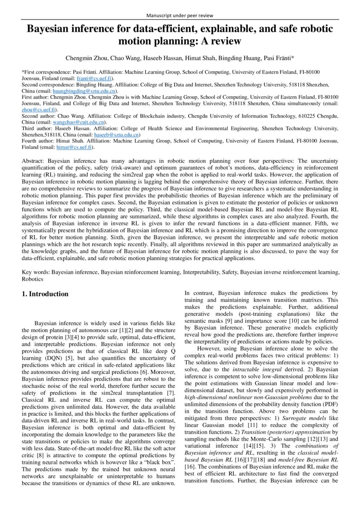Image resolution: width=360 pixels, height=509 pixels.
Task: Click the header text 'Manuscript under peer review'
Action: [180, 15]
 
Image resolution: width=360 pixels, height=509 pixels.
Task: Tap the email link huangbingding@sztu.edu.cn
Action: [84, 91]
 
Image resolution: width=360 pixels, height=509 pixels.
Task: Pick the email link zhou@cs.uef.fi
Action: [37, 110]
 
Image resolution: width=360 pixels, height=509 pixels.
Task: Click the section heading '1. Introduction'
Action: [45, 294]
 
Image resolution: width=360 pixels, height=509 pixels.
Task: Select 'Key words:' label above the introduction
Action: [36, 272]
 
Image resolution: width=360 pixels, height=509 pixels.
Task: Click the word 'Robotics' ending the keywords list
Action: [33, 278]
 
